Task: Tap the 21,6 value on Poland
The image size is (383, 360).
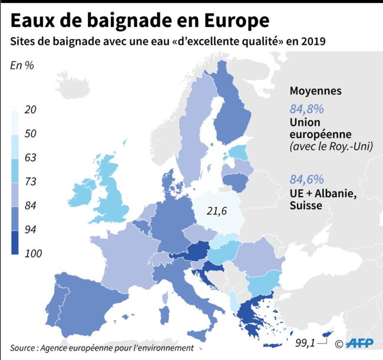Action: point(217,210)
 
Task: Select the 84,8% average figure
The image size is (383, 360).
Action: point(306,110)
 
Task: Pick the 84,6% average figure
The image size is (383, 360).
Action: point(306,180)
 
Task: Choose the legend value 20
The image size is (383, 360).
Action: point(31,110)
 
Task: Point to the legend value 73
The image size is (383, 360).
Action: point(31,182)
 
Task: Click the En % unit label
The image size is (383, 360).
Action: point(22,65)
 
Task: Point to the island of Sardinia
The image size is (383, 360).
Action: point(167,311)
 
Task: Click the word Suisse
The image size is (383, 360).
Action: point(306,206)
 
